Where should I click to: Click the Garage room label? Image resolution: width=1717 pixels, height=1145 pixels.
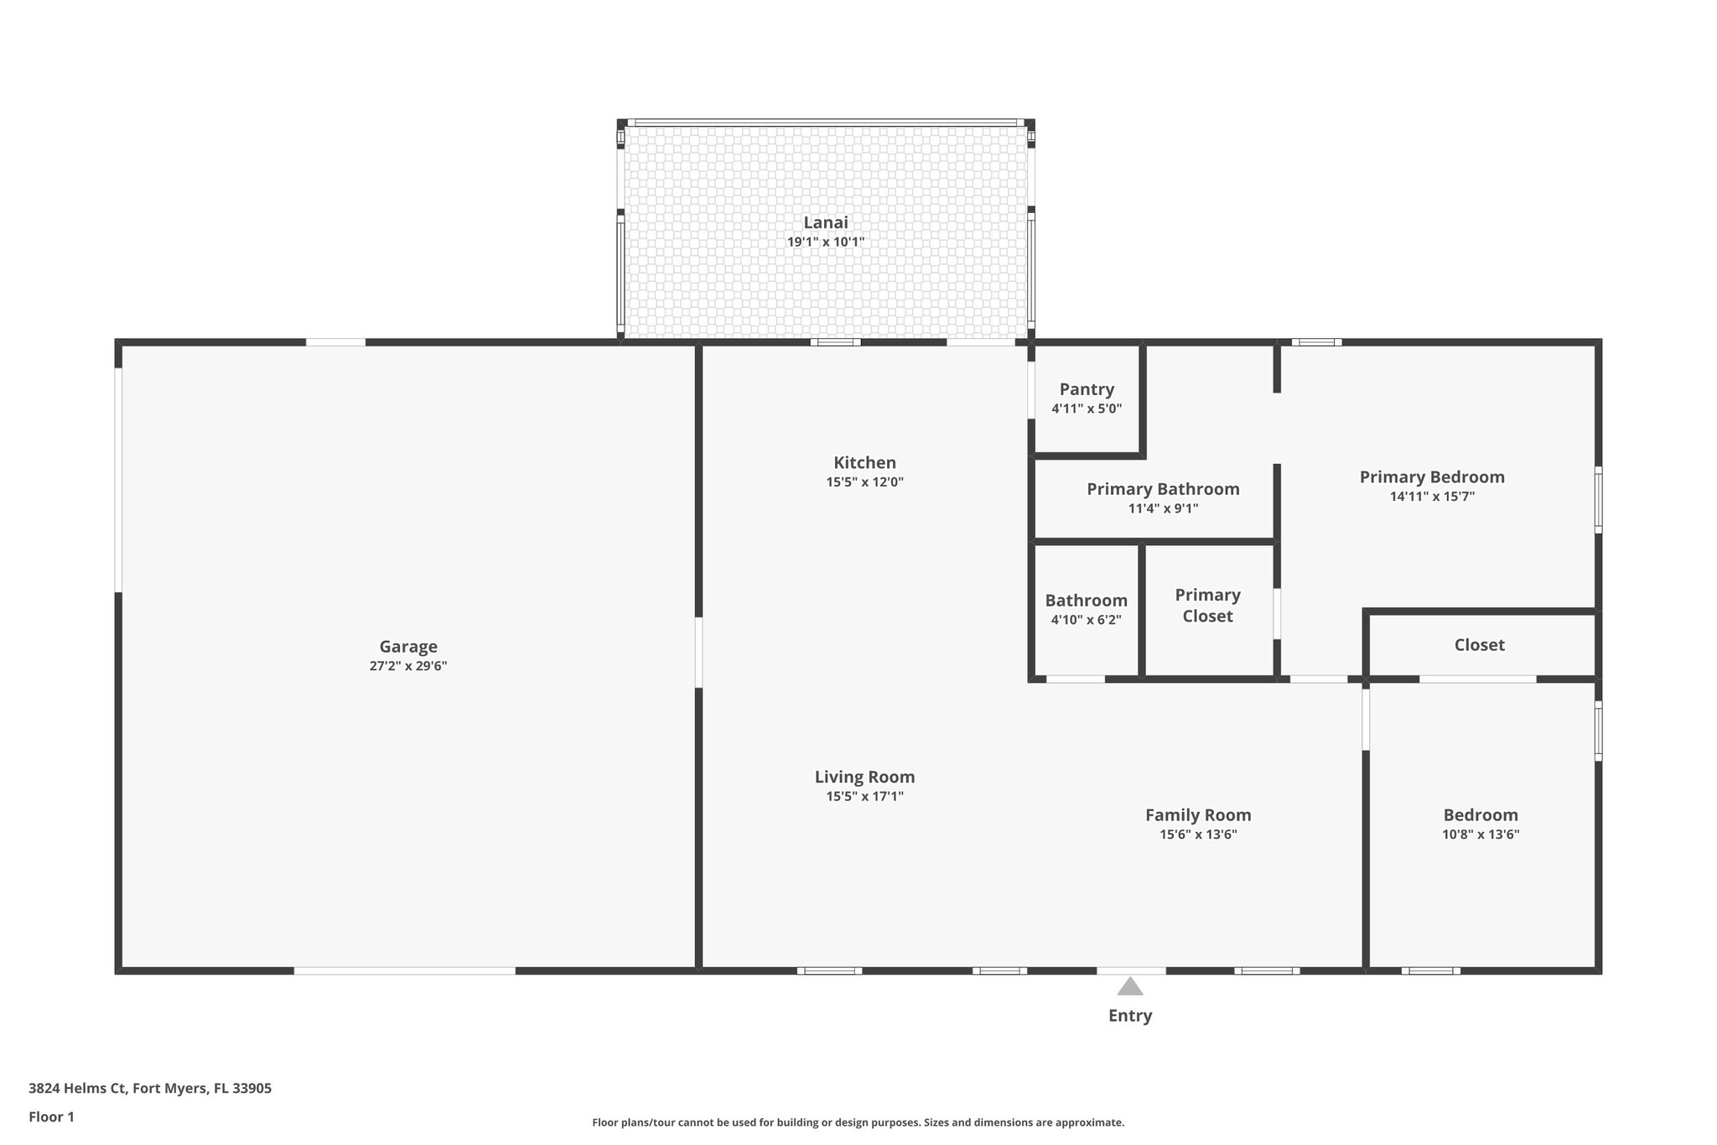pos(408,647)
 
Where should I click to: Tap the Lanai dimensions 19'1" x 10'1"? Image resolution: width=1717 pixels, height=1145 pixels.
pos(825,242)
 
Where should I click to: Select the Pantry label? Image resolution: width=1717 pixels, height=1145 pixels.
pos(1087,389)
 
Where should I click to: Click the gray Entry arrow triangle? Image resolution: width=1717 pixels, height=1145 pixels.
pos(1130,986)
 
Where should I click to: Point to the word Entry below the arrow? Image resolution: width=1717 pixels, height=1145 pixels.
pos(1130,1016)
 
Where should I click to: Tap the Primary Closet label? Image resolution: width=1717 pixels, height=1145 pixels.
pos(1207,606)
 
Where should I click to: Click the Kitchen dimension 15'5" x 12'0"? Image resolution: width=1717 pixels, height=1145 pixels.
pos(864,482)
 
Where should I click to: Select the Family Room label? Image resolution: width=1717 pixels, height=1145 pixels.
pos(1198,815)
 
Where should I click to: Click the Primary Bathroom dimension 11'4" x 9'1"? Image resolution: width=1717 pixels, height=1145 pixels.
pos(1163,508)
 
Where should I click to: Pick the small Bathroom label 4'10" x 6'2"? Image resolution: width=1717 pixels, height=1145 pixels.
pos(1086,620)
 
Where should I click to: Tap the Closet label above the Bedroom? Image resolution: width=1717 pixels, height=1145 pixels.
pos(1479,645)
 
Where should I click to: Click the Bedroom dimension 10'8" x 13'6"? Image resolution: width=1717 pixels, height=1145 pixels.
pos(1481,835)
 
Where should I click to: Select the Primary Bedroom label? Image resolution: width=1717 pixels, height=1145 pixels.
pos(1432,477)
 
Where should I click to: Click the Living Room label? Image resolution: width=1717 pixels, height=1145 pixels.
pos(864,778)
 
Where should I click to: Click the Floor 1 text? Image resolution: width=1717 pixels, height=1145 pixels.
pos(51,1117)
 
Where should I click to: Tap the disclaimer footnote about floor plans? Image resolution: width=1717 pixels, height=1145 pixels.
pos(858,1122)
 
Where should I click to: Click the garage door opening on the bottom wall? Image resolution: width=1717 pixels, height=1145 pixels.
pos(404,971)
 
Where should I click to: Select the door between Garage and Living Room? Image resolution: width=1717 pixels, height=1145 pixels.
pos(698,653)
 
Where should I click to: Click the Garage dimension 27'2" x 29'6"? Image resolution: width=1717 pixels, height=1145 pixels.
pos(408,667)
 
